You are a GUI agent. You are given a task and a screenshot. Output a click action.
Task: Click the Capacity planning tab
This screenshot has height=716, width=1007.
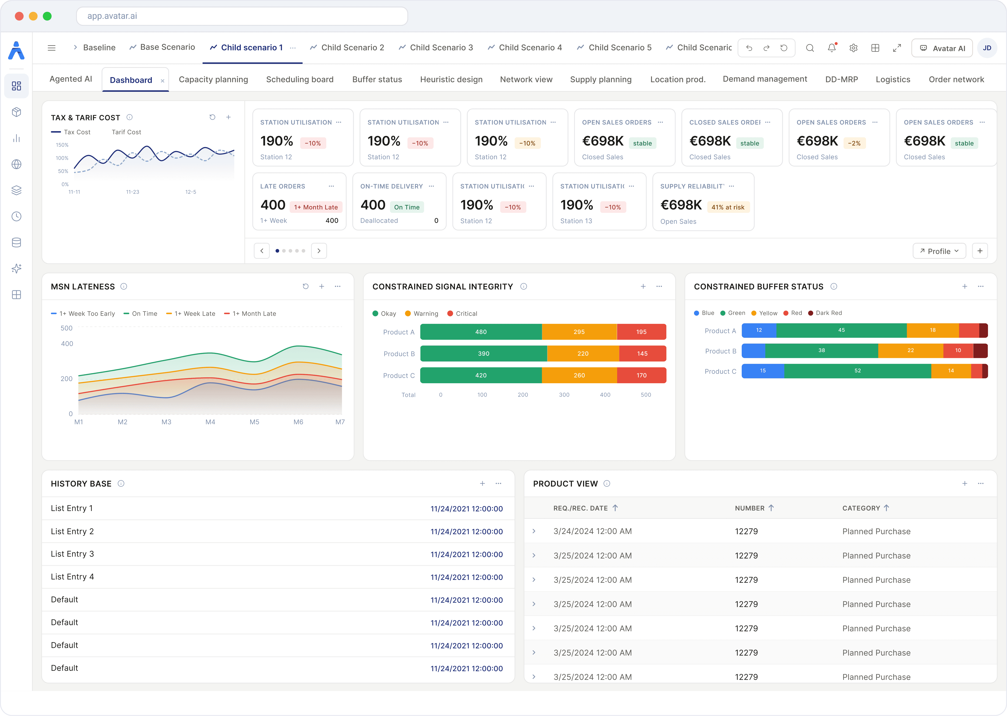tap(213, 79)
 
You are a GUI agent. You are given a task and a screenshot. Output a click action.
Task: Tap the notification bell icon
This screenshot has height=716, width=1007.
tap(832, 48)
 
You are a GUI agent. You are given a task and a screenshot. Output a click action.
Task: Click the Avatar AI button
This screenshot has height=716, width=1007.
tap(942, 48)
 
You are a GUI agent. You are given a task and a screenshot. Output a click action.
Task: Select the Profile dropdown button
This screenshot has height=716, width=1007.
tap(939, 251)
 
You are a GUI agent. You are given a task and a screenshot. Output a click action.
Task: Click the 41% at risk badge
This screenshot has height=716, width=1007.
tap(728, 207)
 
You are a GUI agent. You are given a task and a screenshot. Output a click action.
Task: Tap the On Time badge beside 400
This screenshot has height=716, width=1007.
tap(406, 207)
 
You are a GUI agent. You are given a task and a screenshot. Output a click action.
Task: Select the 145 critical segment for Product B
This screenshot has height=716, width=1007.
tap(642, 354)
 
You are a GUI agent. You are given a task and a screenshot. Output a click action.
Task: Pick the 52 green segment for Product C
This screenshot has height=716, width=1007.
tap(858, 371)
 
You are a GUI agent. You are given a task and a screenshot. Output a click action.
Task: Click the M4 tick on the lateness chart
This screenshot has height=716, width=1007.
tap(210, 422)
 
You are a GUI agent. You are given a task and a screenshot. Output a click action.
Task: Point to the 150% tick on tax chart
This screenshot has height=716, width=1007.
tap(62, 145)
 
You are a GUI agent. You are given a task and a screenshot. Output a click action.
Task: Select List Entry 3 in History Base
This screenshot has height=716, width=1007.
tap(72, 554)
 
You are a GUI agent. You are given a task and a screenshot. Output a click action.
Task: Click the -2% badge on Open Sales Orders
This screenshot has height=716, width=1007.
tap(854, 143)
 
